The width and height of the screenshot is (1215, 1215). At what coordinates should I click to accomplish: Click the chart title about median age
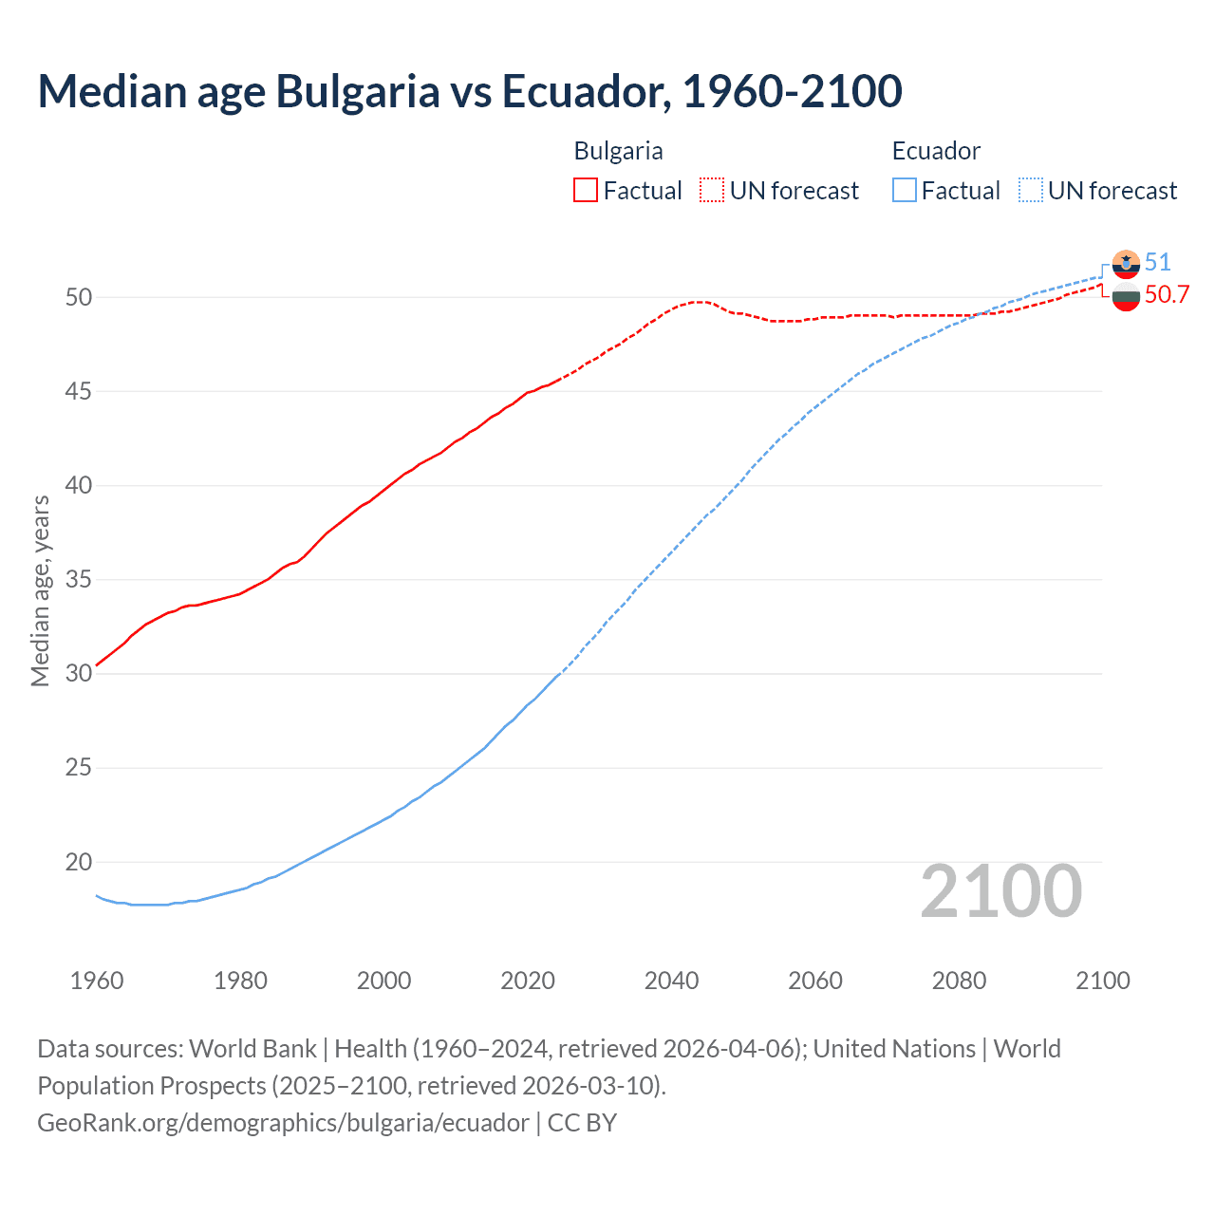(469, 91)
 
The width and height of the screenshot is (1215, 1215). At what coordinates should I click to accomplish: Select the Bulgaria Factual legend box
(586, 191)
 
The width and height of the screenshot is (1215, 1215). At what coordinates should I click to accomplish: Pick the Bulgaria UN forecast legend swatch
(712, 191)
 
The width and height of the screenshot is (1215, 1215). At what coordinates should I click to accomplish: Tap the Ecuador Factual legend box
(905, 191)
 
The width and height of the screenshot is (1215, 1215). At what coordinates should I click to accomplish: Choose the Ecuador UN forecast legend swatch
(1031, 191)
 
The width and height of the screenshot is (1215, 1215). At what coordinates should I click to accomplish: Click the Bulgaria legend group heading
(618, 151)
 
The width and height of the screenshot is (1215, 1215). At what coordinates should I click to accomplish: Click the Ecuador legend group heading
(936, 151)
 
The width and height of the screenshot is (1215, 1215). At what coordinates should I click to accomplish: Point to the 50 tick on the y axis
(79, 297)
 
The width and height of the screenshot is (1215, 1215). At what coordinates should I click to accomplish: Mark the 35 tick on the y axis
(79, 579)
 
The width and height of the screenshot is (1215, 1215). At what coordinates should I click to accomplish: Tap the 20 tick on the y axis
(79, 862)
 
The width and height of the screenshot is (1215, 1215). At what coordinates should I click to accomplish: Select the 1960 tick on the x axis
(97, 981)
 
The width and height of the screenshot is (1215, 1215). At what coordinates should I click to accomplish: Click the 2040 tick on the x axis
(671, 981)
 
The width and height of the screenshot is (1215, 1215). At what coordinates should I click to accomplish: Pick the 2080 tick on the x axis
(959, 981)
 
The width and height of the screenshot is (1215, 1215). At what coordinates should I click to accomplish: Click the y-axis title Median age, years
(40, 590)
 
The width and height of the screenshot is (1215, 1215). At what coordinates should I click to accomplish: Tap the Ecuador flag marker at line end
(1126, 264)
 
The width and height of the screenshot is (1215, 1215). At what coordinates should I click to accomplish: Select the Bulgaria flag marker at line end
(1126, 297)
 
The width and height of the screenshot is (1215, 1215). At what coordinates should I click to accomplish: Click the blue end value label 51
(1158, 262)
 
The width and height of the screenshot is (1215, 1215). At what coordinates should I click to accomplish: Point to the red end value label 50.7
(1167, 294)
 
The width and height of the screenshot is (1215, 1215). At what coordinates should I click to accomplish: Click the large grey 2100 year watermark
(1001, 890)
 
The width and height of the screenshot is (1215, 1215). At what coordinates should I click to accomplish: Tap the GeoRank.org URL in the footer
(283, 1123)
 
